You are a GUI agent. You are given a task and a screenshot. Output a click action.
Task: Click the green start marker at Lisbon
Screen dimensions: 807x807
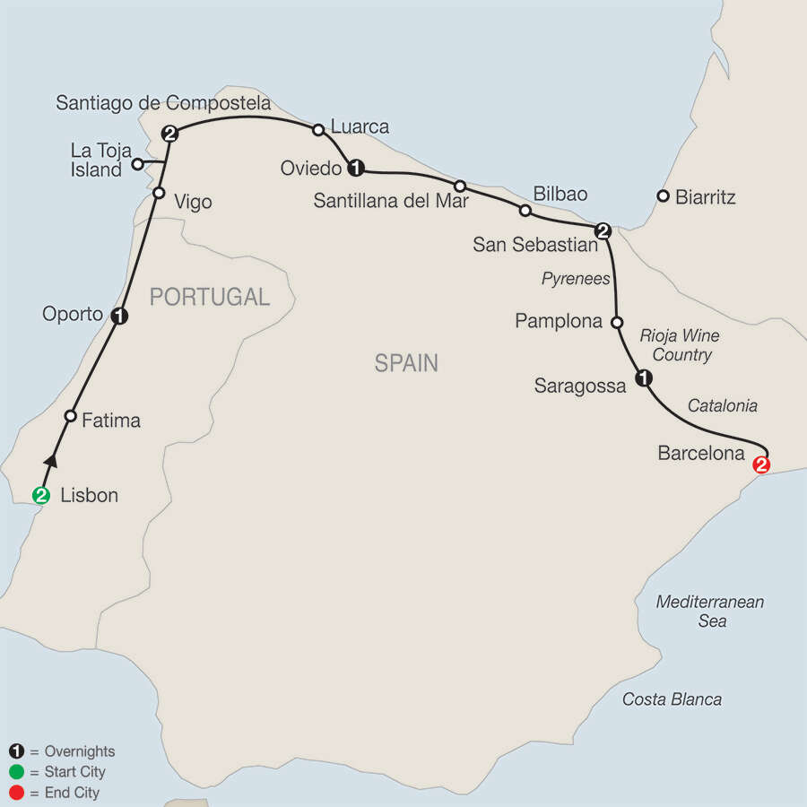(41, 494)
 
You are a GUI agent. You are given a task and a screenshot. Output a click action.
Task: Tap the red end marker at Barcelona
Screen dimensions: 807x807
(762, 464)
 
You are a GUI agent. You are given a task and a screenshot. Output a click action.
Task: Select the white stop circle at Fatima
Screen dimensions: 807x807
(70, 416)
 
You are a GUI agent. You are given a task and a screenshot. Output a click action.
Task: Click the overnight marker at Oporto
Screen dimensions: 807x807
(118, 316)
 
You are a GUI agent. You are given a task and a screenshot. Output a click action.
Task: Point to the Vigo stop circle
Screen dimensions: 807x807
(159, 193)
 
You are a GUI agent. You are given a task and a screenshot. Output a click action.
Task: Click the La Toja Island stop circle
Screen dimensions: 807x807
(137, 163)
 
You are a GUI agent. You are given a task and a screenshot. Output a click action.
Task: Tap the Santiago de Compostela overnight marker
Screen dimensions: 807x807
(169, 134)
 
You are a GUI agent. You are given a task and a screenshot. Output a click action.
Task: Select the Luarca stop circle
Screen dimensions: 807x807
(317, 130)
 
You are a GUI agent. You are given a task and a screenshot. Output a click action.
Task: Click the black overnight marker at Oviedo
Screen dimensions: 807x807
(356, 167)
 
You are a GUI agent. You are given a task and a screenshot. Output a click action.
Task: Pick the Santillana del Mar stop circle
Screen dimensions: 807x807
(459, 186)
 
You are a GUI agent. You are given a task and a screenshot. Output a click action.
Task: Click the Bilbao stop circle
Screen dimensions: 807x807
(525, 211)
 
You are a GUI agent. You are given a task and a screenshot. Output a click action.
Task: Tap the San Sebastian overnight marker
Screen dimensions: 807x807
(603, 231)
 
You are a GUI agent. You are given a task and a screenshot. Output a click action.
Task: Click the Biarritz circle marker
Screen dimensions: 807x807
(663, 195)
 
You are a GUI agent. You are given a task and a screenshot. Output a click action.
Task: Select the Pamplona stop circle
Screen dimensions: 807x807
(617, 321)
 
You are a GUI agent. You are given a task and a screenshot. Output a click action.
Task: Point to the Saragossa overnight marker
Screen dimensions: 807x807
(643, 379)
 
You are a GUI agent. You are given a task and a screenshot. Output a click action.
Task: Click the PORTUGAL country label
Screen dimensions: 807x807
(209, 297)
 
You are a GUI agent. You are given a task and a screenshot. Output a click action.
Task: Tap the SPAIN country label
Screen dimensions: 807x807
(406, 363)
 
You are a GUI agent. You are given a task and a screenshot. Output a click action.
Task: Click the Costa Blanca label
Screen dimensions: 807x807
(672, 699)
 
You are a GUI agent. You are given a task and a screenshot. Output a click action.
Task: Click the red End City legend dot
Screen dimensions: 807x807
(15, 793)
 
